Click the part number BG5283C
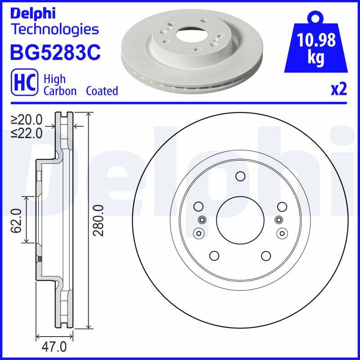[x=55, y=52]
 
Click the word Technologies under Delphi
[x=54, y=30]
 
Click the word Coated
[x=102, y=91]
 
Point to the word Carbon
[x=61, y=91]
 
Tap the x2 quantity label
[x=339, y=90]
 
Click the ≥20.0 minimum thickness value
[x=27, y=120]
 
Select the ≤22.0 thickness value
[x=27, y=133]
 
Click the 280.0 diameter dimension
[x=99, y=220]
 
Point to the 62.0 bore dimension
[x=17, y=220]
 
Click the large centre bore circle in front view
[x=240, y=220]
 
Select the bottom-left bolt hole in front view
[x=215, y=256]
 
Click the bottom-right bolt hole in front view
[x=265, y=256]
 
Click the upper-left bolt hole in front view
[x=198, y=207]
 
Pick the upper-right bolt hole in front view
[x=282, y=207]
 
